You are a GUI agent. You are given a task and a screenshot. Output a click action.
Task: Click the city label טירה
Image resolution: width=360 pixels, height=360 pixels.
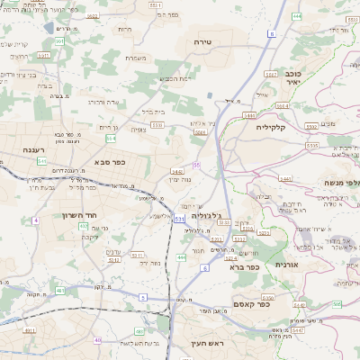tap(202, 42)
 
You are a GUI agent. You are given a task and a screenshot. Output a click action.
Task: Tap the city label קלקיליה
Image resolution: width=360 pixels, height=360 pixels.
tap(270, 127)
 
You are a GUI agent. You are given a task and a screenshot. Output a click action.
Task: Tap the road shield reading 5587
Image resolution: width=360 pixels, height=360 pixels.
tap(270, 74)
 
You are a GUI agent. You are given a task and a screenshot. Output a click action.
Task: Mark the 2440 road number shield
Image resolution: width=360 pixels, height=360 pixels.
tap(177, 170)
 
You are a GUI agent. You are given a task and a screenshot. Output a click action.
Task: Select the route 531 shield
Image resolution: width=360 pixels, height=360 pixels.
tap(179, 219)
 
